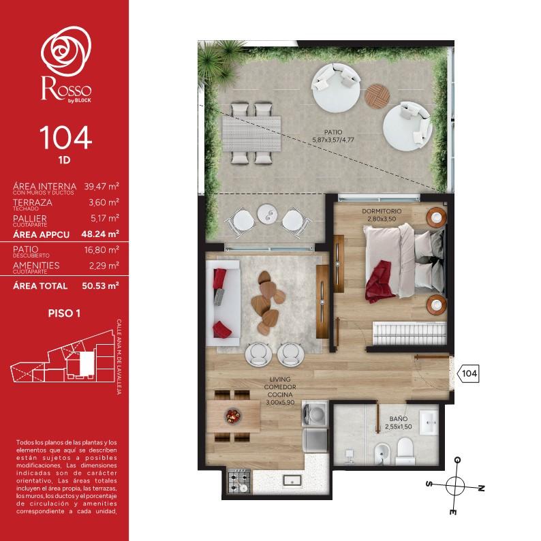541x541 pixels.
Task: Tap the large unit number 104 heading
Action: coord(65,138)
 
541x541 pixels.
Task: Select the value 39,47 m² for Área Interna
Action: coord(102,187)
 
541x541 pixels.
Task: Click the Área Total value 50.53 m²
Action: coord(100,285)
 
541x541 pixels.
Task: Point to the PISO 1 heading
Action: coord(64,313)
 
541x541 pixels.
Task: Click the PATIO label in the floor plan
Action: coord(333,132)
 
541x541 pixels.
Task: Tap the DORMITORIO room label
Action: coord(382,211)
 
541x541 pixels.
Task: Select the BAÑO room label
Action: coord(399,418)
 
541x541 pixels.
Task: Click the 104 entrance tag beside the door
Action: coord(468,373)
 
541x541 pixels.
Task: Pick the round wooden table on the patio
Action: coord(377,96)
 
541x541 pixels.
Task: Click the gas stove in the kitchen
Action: coord(239,481)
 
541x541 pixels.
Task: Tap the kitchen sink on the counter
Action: coord(292,480)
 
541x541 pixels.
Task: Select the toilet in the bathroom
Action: coord(405,451)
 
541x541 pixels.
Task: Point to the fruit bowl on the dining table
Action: coord(233,416)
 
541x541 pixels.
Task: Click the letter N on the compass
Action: coord(481,488)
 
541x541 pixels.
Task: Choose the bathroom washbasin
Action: coord(429,422)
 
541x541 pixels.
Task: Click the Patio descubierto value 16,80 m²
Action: coord(102,250)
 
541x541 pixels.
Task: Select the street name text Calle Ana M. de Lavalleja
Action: coord(119,357)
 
